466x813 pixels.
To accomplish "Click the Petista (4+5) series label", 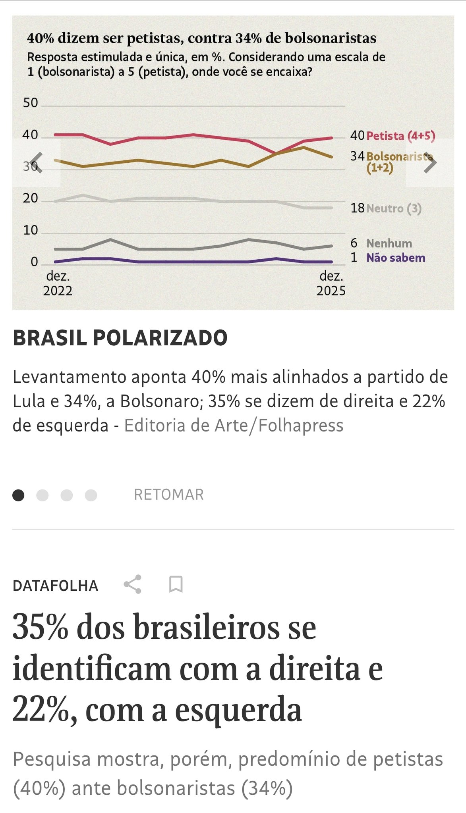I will pyautogui.click(x=400, y=136).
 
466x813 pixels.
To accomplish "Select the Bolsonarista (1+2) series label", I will pyautogui.click(x=397, y=162).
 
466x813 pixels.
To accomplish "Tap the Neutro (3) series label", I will pyautogui.click(x=394, y=208).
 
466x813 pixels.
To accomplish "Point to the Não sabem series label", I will pyautogui.click(x=396, y=258).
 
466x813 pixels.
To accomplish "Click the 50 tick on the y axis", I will pyautogui.click(x=31, y=103).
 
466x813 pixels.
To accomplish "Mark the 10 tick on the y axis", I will pyautogui.click(x=31, y=230).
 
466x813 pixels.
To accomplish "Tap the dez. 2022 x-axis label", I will pyautogui.click(x=58, y=283).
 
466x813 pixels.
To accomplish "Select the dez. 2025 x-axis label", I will pyautogui.click(x=331, y=283).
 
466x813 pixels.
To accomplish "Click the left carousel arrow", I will pyautogui.click(x=36, y=162).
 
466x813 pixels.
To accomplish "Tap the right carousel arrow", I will pyautogui.click(x=430, y=162).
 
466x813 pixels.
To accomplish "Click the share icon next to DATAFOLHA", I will pyautogui.click(x=133, y=584).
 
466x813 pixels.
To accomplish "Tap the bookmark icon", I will pyautogui.click(x=176, y=584).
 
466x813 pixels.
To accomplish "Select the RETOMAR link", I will pyautogui.click(x=169, y=495).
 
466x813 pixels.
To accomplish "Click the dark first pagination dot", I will pyautogui.click(x=18, y=495).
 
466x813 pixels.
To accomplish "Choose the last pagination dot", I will pyautogui.click(x=91, y=495).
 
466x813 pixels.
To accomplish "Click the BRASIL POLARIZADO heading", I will pyautogui.click(x=120, y=338).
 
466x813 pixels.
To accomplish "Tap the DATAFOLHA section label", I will pyautogui.click(x=55, y=586).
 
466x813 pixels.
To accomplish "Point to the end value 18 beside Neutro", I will pyautogui.click(x=357, y=208).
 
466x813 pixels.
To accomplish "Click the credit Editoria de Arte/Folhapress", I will pyautogui.click(x=234, y=426).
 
